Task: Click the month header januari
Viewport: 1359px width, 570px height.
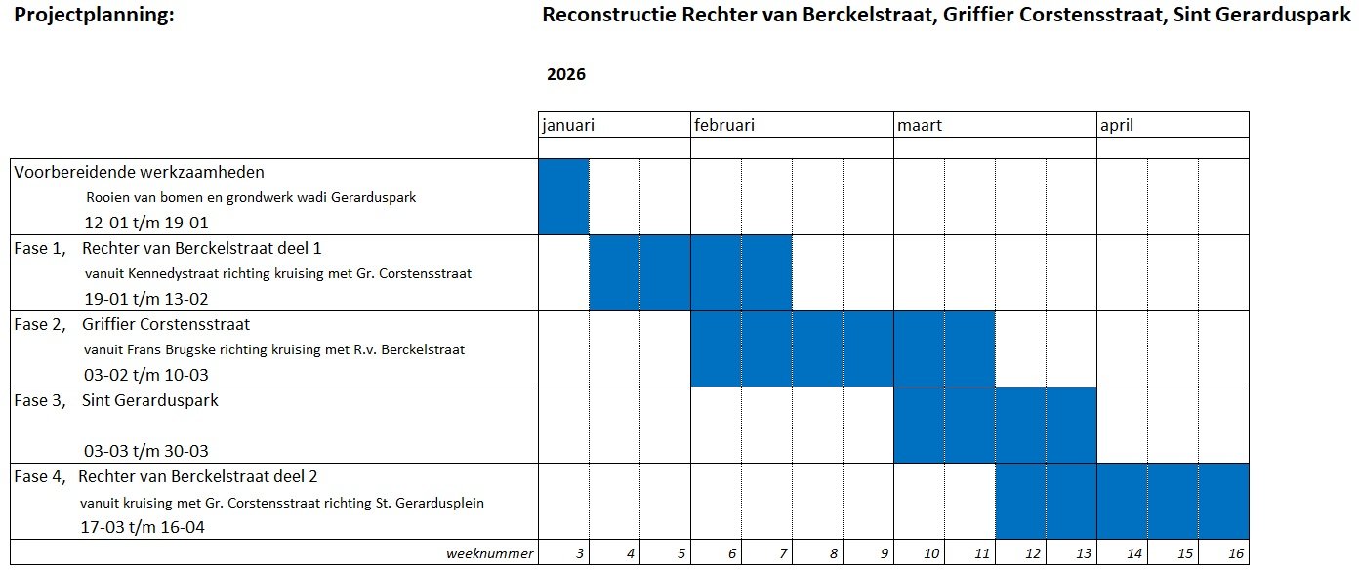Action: [x=568, y=125]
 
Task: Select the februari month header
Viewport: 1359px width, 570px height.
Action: [x=724, y=125]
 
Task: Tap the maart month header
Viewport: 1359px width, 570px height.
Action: [x=920, y=125]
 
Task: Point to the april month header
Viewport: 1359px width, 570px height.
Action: [x=1117, y=125]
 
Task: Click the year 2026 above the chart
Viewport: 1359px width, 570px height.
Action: [x=566, y=75]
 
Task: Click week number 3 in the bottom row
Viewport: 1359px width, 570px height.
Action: [x=580, y=554]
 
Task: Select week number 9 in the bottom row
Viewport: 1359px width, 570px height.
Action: [x=885, y=554]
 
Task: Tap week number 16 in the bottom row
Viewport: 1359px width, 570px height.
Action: [x=1236, y=554]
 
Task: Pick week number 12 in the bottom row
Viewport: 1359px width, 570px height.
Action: [x=1033, y=554]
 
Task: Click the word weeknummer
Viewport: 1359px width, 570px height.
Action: [x=490, y=554]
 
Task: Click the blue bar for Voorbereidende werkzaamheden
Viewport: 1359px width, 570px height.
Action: [x=564, y=196]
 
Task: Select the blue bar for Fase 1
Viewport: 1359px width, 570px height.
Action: [x=691, y=272]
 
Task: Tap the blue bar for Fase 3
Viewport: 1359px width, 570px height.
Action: [x=996, y=425]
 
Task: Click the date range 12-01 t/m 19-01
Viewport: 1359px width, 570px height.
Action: [x=146, y=222]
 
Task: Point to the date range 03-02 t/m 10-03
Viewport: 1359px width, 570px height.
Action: [x=146, y=375]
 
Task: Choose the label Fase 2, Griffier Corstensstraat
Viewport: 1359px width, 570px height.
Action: [x=132, y=324]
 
